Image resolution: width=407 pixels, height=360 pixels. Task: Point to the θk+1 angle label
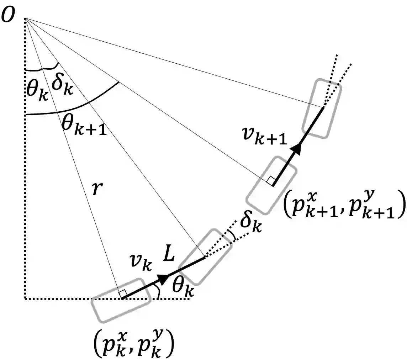click(84, 126)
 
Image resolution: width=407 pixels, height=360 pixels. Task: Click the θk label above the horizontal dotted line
click(183, 287)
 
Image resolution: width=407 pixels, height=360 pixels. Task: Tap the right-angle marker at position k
click(122, 293)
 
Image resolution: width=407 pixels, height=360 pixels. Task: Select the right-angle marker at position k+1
click(271, 181)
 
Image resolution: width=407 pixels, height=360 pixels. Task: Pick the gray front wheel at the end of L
click(205, 256)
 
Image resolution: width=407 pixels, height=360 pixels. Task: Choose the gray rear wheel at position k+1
click(271, 185)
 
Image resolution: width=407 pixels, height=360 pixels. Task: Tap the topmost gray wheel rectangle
click(322, 108)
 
